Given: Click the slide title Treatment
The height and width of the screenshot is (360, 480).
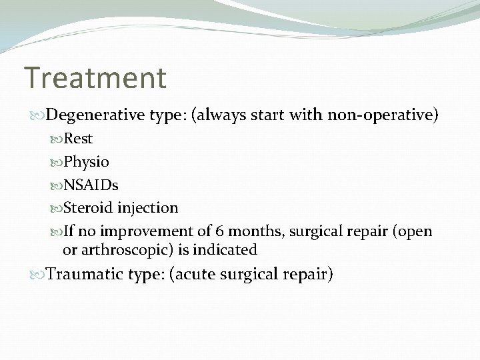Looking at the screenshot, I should [x=95, y=78].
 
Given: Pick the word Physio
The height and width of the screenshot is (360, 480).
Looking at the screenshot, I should [x=86, y=162].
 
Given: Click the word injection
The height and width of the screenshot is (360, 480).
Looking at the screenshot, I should [x=147, y=208].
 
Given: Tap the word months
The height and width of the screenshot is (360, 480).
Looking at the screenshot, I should [x=251, y=231].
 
